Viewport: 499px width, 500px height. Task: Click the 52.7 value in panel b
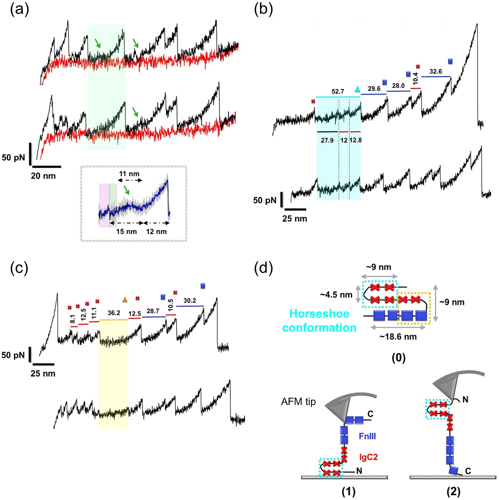click(x=338, y=92)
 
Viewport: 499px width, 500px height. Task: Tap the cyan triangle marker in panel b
click(x=357, y=89)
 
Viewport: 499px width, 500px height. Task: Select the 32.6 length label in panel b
click(x=436, y=72)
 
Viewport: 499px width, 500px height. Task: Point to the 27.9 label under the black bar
click(x=327, y=140)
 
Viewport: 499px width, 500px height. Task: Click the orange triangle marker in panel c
click(x=125, y=299)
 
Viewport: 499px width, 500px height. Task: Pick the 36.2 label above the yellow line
click(x=114, y=313)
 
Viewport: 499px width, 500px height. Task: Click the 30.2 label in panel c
click(x=190, y=301)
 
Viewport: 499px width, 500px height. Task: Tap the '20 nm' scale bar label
click(x=43, y=176)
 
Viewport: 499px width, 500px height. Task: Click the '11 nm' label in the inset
click(x=129, y=174)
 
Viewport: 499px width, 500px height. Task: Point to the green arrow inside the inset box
click(x=127, y=190)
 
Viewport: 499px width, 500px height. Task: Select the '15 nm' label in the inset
click(x=126, y=232)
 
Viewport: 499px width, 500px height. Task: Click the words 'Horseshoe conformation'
click(x=319, y=320)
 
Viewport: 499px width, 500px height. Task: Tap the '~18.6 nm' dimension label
click(x=398, y=337)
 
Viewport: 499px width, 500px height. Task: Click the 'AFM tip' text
click(x=298, y=402)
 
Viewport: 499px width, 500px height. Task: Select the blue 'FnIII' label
click(x=367, y=436)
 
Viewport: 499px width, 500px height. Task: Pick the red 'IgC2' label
click(x=368, y=457)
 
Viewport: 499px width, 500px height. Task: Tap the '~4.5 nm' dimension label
click(x=336, y=295)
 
